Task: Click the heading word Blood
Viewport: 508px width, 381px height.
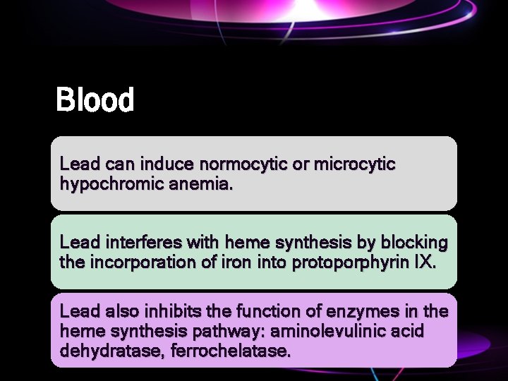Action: (x=95, y=100)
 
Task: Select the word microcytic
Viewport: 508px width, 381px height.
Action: (x=354, y=164)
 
